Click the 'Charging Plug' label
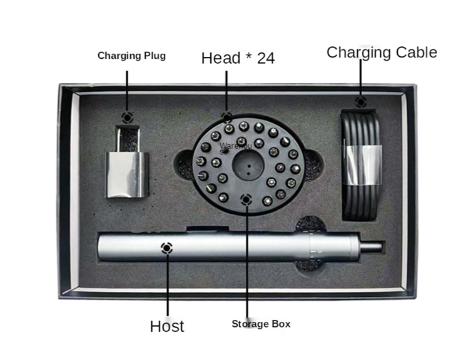point(131,56)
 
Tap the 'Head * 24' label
point(238,58)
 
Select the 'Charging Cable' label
point(382,52)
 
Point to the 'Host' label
point(167,326)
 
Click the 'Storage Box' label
point(261,324)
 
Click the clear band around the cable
point(363,164)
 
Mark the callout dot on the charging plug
point(128,117)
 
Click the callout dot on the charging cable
point(360,102)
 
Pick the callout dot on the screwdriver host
point(166,247)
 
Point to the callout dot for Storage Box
point(247,200)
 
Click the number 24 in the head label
point(265,58)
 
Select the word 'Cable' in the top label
point(415,52)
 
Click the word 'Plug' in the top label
point(155,56)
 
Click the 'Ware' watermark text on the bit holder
point(228,147)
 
